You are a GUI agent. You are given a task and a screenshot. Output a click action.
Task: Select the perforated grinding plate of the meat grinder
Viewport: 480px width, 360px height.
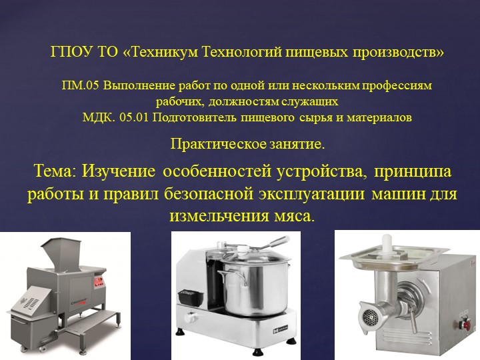[x=366, y=313]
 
